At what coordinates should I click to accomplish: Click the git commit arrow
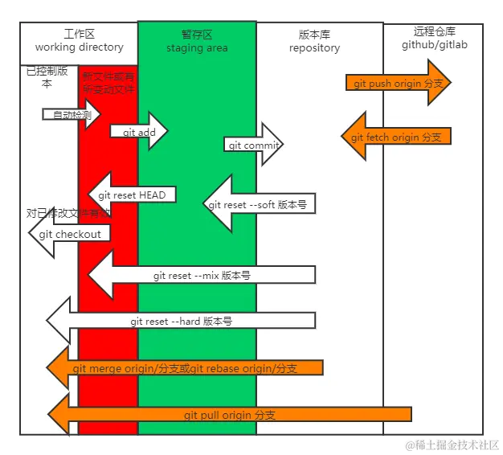253,146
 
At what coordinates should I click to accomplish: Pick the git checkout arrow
70,234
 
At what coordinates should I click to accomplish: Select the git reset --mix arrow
201,275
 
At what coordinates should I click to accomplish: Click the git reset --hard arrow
181,321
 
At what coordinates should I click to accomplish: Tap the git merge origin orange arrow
185,368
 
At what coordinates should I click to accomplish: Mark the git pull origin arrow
229,415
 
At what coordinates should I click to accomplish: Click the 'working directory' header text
79,48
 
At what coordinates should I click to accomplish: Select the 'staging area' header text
197,48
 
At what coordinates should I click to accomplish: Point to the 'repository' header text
314,48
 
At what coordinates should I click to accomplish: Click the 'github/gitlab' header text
434,45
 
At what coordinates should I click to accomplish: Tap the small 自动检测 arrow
70,115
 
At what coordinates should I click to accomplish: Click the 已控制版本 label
46,77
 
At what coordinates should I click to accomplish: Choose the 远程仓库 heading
434,31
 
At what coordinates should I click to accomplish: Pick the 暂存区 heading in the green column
197,35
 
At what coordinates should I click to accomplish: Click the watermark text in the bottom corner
452,444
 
